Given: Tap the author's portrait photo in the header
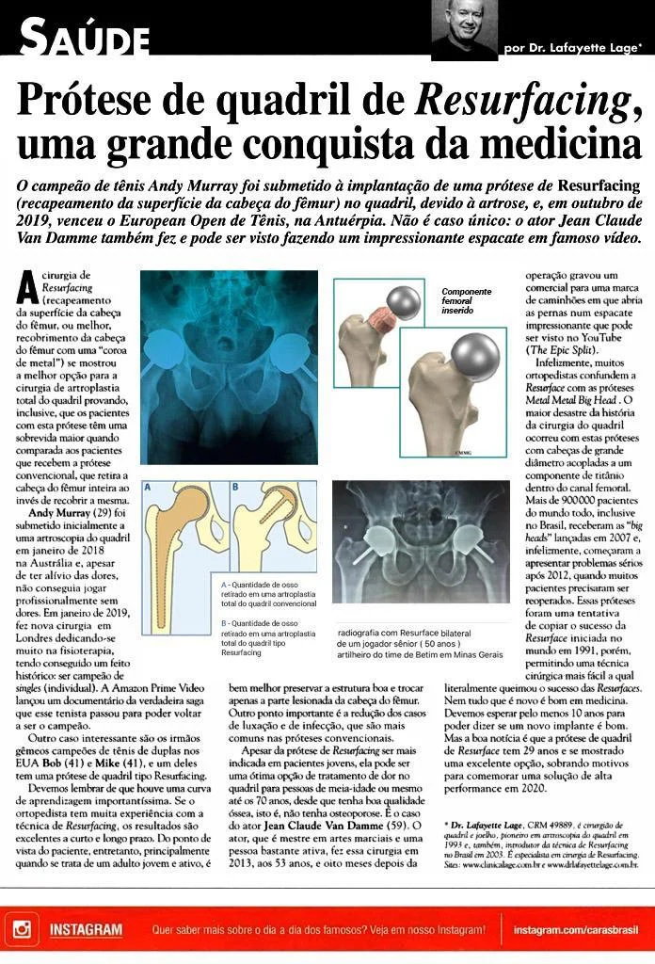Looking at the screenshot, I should coord(464,29).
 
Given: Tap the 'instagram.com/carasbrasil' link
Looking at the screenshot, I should coord(576,930).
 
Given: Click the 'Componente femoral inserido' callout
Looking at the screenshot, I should coord(468,300).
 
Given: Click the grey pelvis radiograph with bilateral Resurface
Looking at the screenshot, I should coord(421,541).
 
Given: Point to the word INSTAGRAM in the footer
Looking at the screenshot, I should coord(86,930).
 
